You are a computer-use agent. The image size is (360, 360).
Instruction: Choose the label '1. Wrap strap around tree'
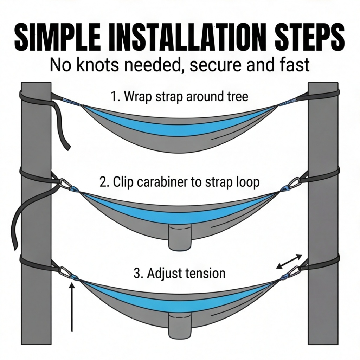[x=179, y=96]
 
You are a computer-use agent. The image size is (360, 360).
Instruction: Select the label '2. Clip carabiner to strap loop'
[x=180, y=182]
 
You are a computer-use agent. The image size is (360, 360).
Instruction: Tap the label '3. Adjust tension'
[x=179, y=273]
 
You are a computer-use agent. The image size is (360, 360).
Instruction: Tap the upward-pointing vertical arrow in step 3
[x=72, y=307]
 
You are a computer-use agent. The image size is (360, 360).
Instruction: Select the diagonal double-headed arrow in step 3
[x=289, y=261]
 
